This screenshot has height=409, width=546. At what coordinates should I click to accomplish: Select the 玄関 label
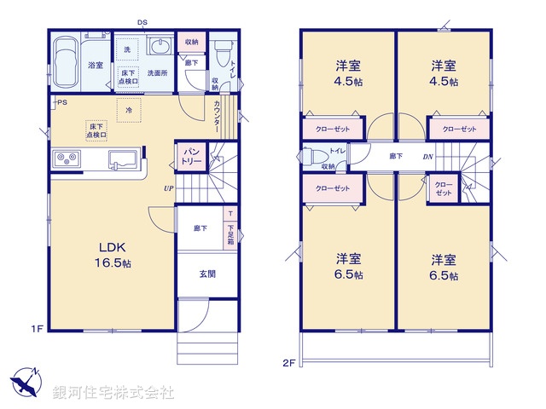tap(207, 274)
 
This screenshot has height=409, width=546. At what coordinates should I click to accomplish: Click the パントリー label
tap(189, 155)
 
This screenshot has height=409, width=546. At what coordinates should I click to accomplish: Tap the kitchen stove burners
tap(67, 158)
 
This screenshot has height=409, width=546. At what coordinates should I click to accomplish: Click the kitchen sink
tap(122, 159)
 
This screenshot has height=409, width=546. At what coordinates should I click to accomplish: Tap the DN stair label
tap(427, 156)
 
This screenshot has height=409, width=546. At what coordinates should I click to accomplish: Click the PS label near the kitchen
tap(61, 103)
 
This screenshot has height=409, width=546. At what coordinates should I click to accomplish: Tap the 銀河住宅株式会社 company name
tap(113, 393)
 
